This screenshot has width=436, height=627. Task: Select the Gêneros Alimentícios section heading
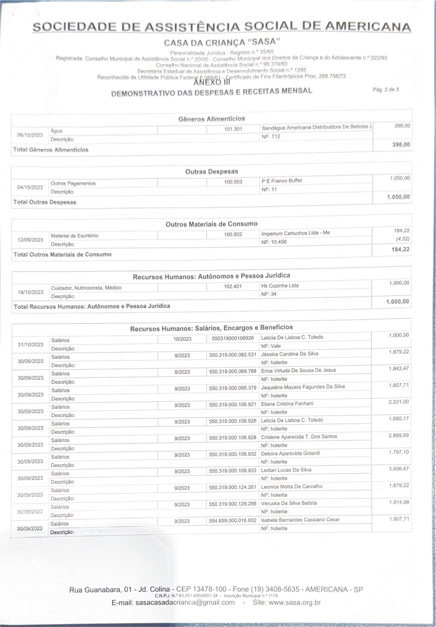point(212,119)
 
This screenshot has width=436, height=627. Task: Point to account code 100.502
point(233,234)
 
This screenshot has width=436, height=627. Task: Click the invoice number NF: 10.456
point(274,242)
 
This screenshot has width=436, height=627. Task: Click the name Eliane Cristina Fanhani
point(287,404)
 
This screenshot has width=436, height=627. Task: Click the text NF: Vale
point(271,346)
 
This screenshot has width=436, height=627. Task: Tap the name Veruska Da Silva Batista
point(289,503)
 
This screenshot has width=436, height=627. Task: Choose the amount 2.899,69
point(399,435)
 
